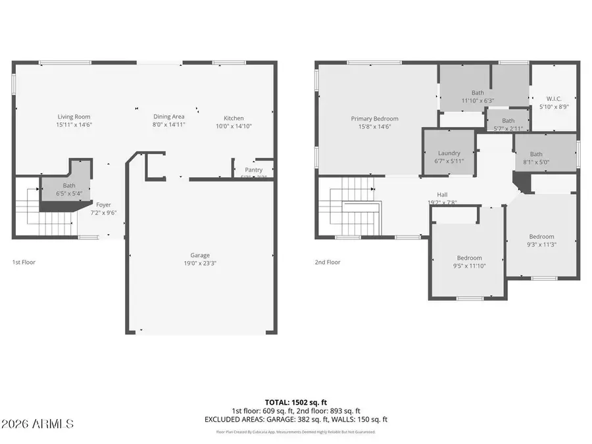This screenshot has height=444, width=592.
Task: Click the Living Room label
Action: (x=74, y=116)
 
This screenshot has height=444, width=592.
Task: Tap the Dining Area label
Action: (x=169, y=116)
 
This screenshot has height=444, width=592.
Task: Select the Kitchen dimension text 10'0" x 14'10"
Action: (x=234, y=126)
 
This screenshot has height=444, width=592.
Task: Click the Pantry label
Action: (x=253, y=170)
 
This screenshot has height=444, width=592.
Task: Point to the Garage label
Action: (x=200, y=255)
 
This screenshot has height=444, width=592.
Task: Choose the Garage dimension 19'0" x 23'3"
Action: (x=200, y=264)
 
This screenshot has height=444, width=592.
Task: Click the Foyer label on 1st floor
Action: (x=104, y=205)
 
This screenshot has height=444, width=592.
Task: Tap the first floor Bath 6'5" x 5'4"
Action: (x=69, y=189)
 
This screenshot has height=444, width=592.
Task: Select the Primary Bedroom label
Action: (x=374, y=118)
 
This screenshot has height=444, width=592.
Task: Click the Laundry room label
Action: (x=449, y=153)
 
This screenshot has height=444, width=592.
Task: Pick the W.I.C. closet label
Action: (x=554, y=100)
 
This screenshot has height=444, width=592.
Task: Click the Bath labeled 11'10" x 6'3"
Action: (x=478, y=97)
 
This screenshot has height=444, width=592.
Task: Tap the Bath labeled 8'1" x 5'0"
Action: (x=537, y=158)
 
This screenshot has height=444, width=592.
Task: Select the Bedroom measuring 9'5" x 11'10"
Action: (x=470, y=262)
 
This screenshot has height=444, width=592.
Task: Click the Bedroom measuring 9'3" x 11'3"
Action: (x=542, y=241)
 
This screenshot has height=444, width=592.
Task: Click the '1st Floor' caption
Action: (x=24, y=262)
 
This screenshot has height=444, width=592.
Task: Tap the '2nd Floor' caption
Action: (x=328, y=262)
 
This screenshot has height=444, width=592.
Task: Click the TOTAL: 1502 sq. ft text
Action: (x=295, y=401)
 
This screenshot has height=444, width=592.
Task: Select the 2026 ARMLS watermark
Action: (x=37, y=423)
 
